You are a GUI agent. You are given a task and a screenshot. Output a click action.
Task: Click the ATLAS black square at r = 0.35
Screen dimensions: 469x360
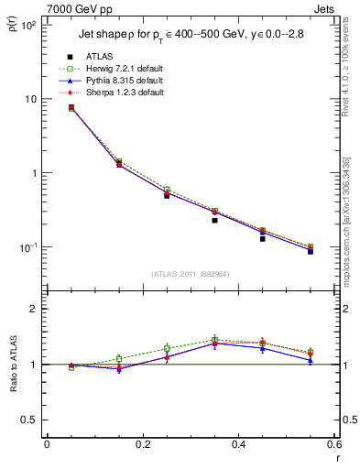[x=214, y=220]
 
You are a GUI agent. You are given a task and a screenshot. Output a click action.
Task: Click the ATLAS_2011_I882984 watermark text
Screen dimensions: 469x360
[x=190, y=274]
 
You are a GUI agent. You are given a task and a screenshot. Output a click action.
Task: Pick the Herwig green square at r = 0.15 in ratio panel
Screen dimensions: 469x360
[x=119, y=358]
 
